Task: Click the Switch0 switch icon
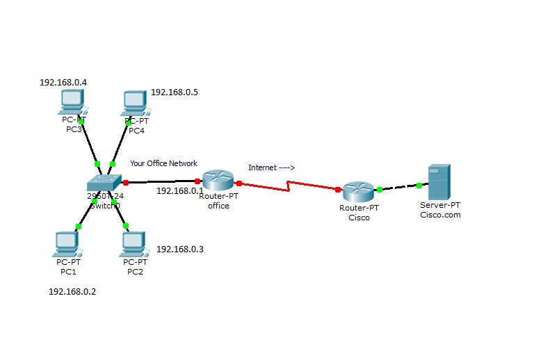[x=104, y=182]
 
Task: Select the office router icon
[x=219, y=181]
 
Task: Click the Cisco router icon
[x=357, y=191]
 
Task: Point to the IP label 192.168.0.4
[x=63, y=82]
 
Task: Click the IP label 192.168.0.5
[x=175, y=92]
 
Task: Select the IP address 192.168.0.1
[x=179, y=190]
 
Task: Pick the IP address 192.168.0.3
[x=180, y=249]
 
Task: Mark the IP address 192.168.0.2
[x=72, y=292]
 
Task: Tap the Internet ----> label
[x=272, y=167]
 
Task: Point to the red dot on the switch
[x=126, y=183]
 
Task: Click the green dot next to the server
[x=419, y=185]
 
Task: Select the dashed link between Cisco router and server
[x=399, y=187]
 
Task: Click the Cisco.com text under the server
[x=440, y=215]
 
